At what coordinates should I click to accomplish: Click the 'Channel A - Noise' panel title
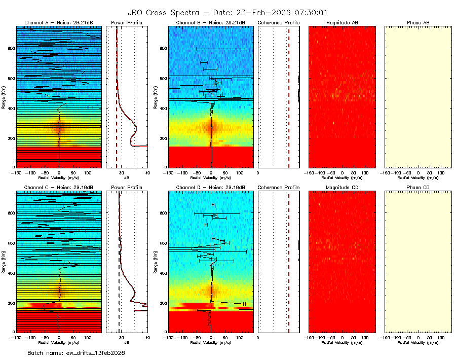tap(59, 23)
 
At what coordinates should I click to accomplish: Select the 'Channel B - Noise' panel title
tap(211, 23)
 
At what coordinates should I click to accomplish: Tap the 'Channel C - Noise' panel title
tap(59, 187)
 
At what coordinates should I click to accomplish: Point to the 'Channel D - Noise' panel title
tap(211, 187)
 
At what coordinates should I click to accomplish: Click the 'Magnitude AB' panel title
tap(343, 23)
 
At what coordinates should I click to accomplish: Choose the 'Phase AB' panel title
tap(419, 23)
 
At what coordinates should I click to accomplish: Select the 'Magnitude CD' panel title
tap(343, 187)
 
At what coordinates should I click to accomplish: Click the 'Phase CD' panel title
tap(419, 187)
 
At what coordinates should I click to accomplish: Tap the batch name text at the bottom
tap(76, 352)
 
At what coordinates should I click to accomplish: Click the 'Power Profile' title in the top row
tap(127, 23)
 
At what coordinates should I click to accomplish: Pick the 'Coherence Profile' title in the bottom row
tap(279, 187)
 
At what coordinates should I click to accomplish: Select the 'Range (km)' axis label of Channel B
tap(155, 96)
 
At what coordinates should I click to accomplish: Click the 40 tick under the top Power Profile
tap(147, 172)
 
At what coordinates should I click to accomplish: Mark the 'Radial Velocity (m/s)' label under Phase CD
tap(419, 342)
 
